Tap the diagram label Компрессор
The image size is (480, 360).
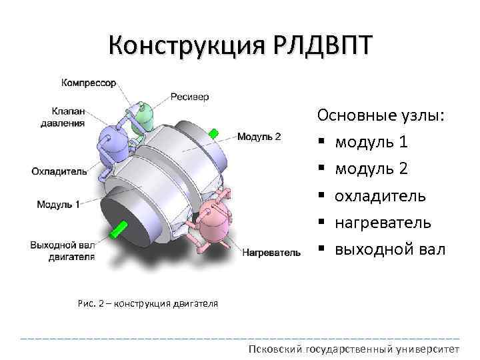click(x=89, y=83)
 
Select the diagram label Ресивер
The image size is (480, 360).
click(x=189, y=97)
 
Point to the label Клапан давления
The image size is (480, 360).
click(x=68, y=117)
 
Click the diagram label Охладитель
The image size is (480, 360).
click(x=59, y=171)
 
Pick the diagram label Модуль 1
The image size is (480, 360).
click(x=58, y=204)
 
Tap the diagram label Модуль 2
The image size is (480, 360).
click(x=259, y=137)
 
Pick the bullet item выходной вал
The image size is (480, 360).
click(x=389, y=250)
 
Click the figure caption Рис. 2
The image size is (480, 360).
click(x=149, y=304)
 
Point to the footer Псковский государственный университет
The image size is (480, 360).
click(x=353, y=349)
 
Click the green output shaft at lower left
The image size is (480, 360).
click(x=120, y=229)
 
